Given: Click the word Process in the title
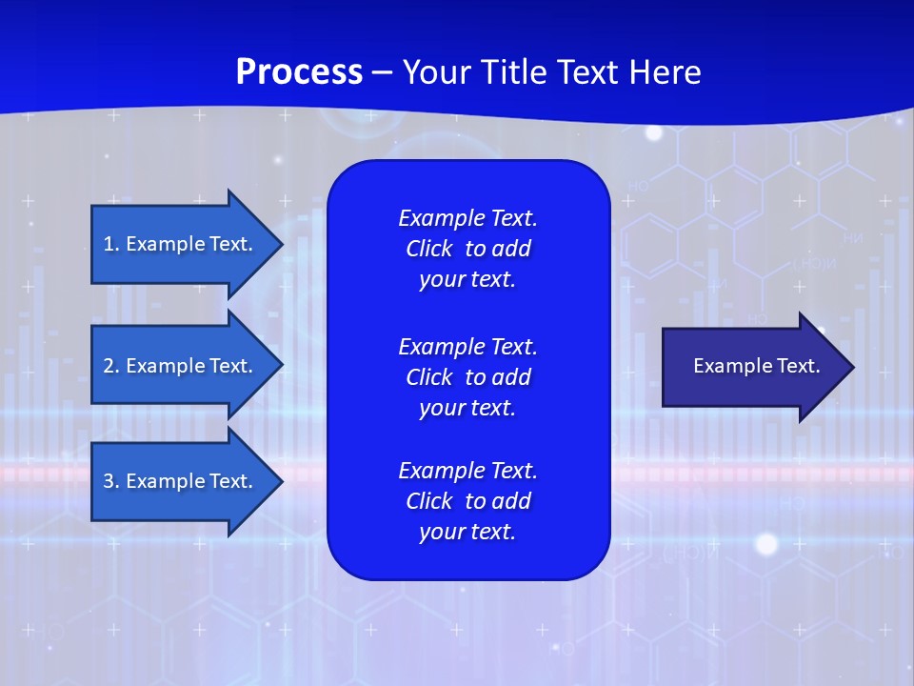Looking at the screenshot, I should pyautogui.click(x=299, y=72).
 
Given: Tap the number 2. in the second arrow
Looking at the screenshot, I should pyautogui.click(x=111, y=366).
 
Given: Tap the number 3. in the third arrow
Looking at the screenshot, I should pyautogui.click(x=111, y=481).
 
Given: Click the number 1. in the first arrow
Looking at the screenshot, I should pyautogui.click(x=110, y=244).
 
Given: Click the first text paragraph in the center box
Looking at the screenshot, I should pyautogui.click(x=467, y=249).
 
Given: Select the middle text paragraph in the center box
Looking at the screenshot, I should pyautogui.click(x=467, y=376).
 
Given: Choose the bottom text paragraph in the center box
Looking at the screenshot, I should pyautogui.click(x=467, y=501).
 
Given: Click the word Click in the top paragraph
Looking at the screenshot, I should pyautogui.click(x=429, y=249).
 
